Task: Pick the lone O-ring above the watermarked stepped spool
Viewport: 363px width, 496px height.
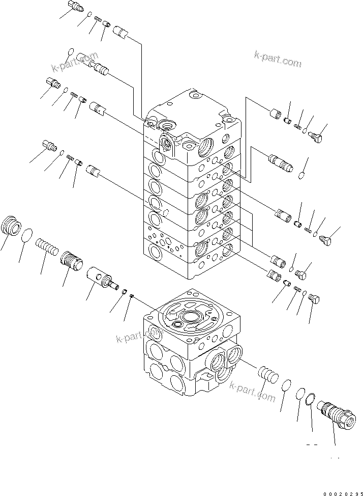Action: tap(71, 51)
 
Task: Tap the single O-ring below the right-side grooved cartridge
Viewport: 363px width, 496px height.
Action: tap(301, 176)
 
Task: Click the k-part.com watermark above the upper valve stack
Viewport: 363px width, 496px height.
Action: tap(277, 60)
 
